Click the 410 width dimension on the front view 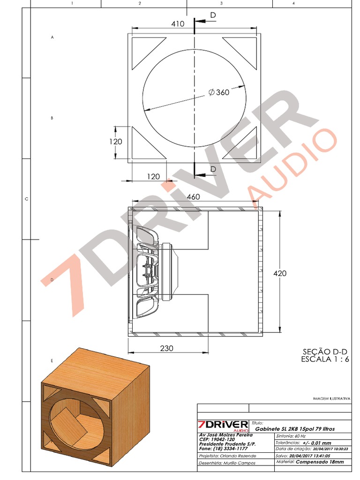(178, 23)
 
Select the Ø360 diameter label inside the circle (219, 92)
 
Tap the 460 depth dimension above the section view (193, 197)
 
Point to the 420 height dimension (280, 273)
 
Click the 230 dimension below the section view (166, 348)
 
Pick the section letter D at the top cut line (213, 15)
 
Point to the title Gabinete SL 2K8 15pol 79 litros (295, 429)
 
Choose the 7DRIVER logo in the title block (223, 425)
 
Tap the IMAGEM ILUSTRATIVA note (331, 398)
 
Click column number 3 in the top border (221, 3)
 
